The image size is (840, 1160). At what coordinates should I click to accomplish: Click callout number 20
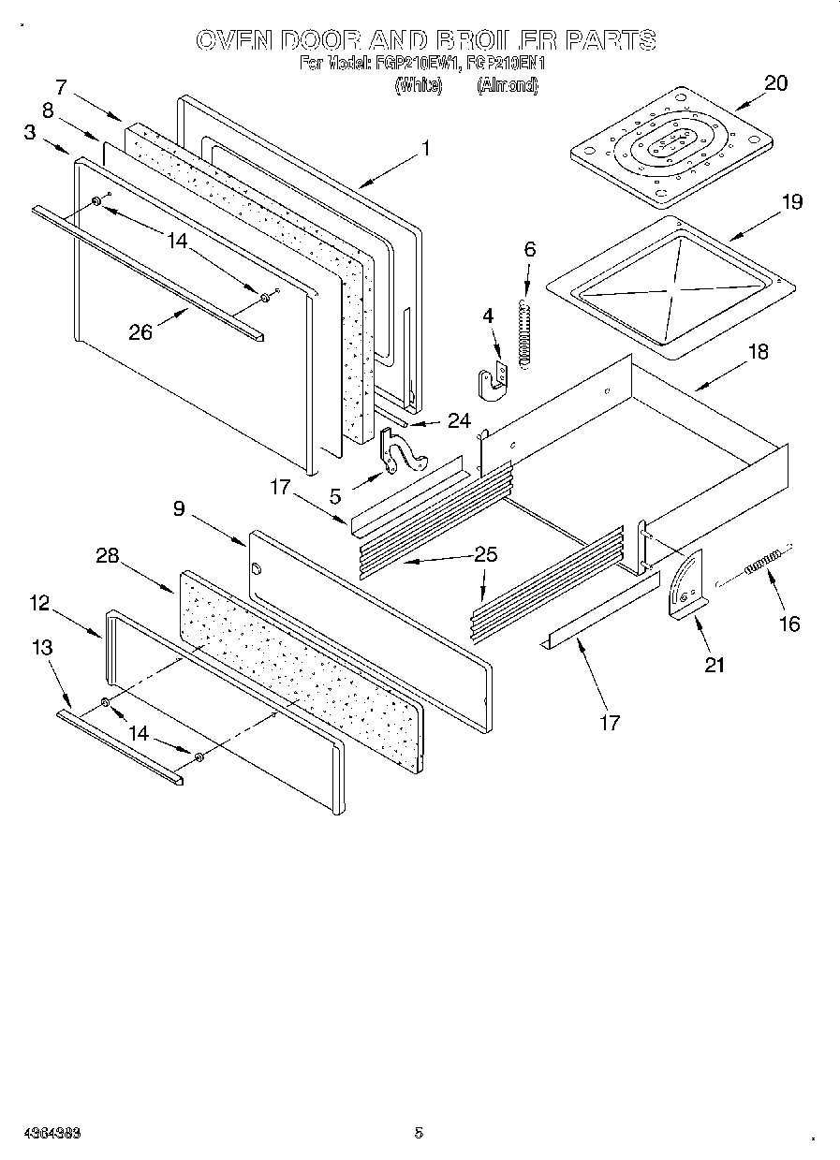pos(775,82)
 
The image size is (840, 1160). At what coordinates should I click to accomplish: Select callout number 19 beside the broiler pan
pos(791,201)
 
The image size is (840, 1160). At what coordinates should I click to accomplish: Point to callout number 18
pos(759,352)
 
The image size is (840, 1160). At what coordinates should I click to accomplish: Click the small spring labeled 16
pos(762,565)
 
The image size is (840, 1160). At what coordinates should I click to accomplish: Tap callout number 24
pos(458,421)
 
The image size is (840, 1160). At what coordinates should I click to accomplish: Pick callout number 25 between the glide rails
pos(485,554)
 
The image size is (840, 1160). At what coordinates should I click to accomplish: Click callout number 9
pos(179,508)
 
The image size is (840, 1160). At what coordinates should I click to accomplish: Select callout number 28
pos(108,555)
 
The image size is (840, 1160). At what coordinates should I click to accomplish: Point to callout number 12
pos(39,603)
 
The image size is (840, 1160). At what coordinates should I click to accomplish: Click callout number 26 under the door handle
pos(140,331)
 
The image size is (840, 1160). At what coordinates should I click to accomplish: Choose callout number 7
pos(62,88)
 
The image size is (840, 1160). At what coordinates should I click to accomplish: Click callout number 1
pos(426,147)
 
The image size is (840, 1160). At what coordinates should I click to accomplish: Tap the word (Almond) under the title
pos(507,85)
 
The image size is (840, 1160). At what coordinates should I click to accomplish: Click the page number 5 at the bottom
pos(419,1132)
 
